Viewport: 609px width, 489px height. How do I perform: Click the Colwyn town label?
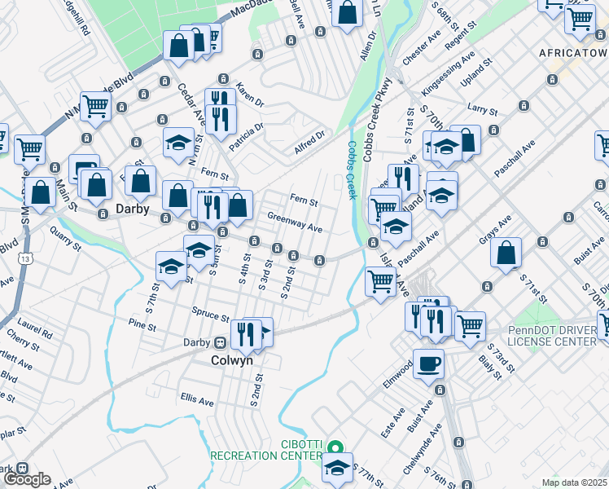coord(232,359)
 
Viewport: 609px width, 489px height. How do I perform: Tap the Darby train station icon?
coord(219,343)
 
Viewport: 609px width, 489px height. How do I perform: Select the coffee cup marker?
coord(428,364)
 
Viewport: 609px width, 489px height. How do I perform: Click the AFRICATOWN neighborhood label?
coord(573,52)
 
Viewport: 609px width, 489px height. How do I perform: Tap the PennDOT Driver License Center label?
coord(552,336)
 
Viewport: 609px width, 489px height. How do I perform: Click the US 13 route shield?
coord(28,258)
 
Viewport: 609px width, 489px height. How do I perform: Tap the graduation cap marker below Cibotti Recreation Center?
coord(338,469)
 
